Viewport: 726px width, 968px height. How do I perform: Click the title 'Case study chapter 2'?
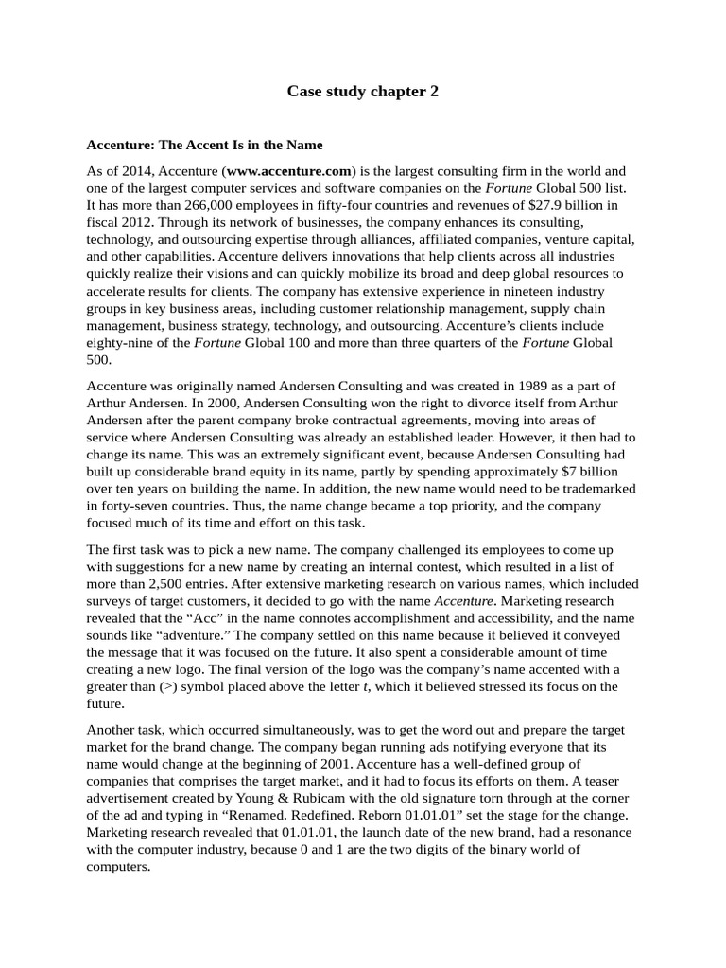[x=363, y=92]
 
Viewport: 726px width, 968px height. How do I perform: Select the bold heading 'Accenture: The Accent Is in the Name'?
[x=204, y=145]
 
